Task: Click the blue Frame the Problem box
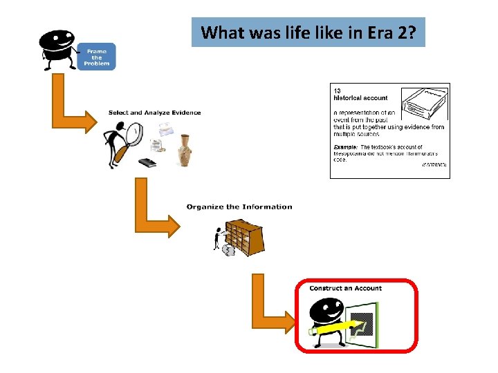point(97,57)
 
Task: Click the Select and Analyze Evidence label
point(154,113)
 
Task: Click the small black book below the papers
point(147,163)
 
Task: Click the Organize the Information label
point(239,207)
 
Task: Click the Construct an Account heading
point(345,288)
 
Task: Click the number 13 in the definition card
point(338,90)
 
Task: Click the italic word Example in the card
point(345,147)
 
